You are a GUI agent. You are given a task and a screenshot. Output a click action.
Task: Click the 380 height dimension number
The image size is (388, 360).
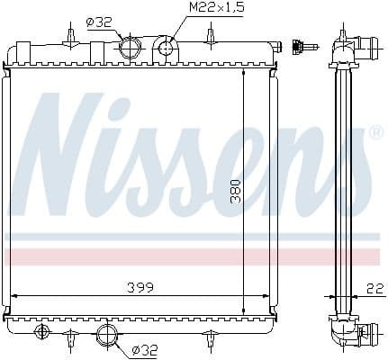tap(236, 187)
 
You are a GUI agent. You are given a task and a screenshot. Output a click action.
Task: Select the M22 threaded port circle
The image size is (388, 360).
tap(166, 45)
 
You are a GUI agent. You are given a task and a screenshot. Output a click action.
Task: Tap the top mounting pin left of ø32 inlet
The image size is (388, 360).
tap(69, 36)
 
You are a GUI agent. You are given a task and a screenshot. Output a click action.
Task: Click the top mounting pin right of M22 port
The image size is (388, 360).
tap(210, 36)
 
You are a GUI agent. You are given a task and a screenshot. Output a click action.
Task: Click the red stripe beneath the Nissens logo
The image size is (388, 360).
tap(194, 257)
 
